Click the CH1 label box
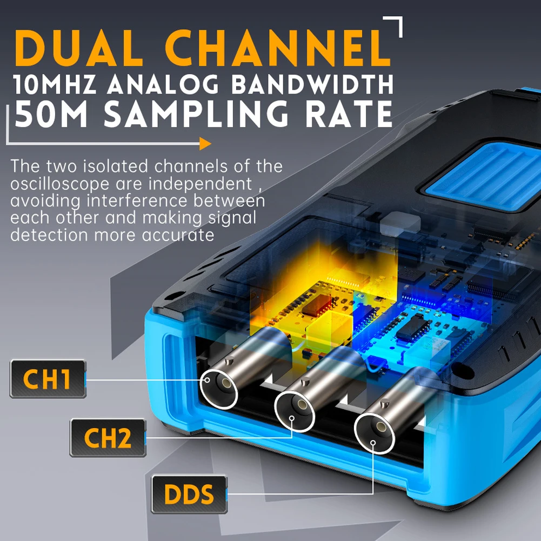click(x=48, y=379)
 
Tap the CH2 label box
click(x=108, y=438)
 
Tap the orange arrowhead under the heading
click(x=205, y=144)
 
